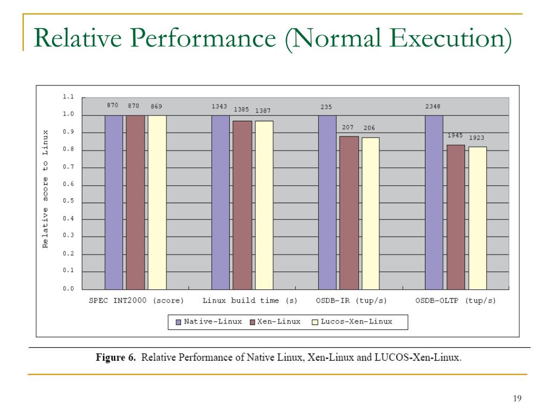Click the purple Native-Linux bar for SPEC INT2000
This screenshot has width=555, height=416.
click(114, 201)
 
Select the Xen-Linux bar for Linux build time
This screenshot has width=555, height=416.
click(242, 205)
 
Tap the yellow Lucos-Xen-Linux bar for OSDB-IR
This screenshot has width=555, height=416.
click(371, 213)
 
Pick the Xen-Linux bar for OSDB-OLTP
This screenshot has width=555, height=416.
click(456, 217)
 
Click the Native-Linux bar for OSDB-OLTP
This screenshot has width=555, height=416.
click(434, 201)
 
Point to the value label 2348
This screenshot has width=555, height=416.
click(433, 107)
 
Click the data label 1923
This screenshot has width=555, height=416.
click(476, 138)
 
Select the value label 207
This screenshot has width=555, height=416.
click(347, 127)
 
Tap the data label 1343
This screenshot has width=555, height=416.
click(220, 107)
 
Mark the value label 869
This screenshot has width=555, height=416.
click(156, 107)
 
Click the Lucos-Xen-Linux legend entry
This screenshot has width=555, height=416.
click(352, 322)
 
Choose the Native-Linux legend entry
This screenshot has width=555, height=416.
click(209, 322)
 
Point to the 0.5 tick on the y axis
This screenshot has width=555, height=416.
click(68, 201)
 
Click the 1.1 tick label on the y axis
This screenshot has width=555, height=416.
click(68, 97)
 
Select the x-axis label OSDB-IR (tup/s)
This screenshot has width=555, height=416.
click(351, 300)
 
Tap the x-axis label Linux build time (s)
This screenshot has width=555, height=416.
click(250, 300)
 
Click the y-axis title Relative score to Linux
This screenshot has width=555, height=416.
click(46, 188)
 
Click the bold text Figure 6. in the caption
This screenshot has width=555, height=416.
click(115, 357)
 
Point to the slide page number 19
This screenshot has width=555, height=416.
click(517, 399)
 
